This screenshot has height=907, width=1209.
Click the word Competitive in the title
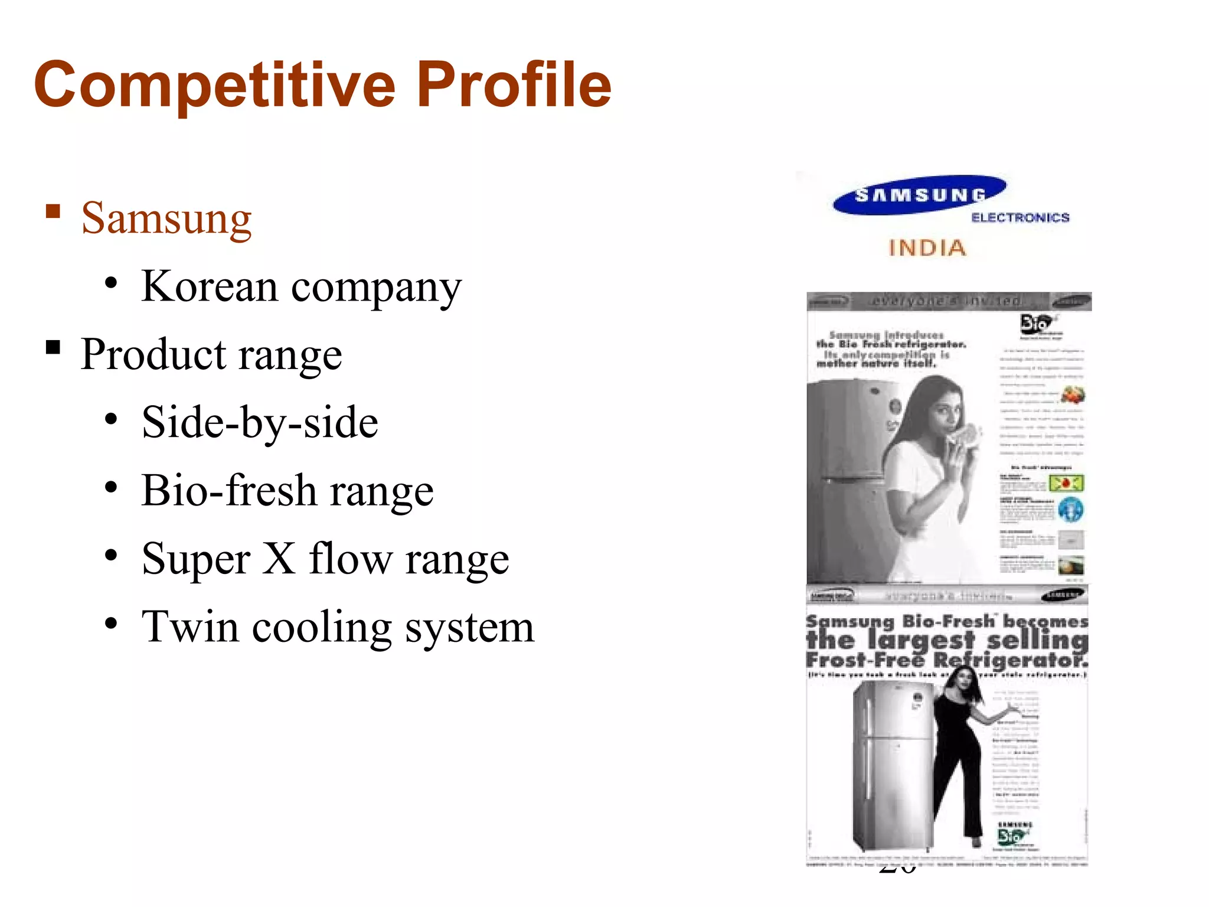pyautogui.click(x=214, y=86)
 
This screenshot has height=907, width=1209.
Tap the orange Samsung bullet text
pyautogui.click(x=166, y=218)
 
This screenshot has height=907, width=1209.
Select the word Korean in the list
pyautogui.click(x=210, y=286)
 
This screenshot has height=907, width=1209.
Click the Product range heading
pyautogui.click(x=211, y=354)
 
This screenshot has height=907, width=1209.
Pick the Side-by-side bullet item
pyautogui.click(x=260, y=422)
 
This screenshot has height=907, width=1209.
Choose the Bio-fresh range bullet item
pyautogui.click(x=287, y=491)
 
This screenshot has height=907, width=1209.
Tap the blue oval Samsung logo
pyautogui.click(x=919, y=195)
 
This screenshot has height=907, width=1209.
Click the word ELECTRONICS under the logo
pyautogui.click(x=1020, y=218)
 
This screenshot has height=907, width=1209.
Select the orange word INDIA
pyautogui.click(x=927, y=248)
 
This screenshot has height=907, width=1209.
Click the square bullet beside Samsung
pyautogui.click(x=53, y=211)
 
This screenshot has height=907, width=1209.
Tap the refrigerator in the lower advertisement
pyautogui.click(x=893, y=768)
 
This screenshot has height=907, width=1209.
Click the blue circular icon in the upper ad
pyautogui.click(x=1070, y=510)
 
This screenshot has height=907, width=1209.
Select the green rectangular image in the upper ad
pyautogui.click(x=1066, y=484)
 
